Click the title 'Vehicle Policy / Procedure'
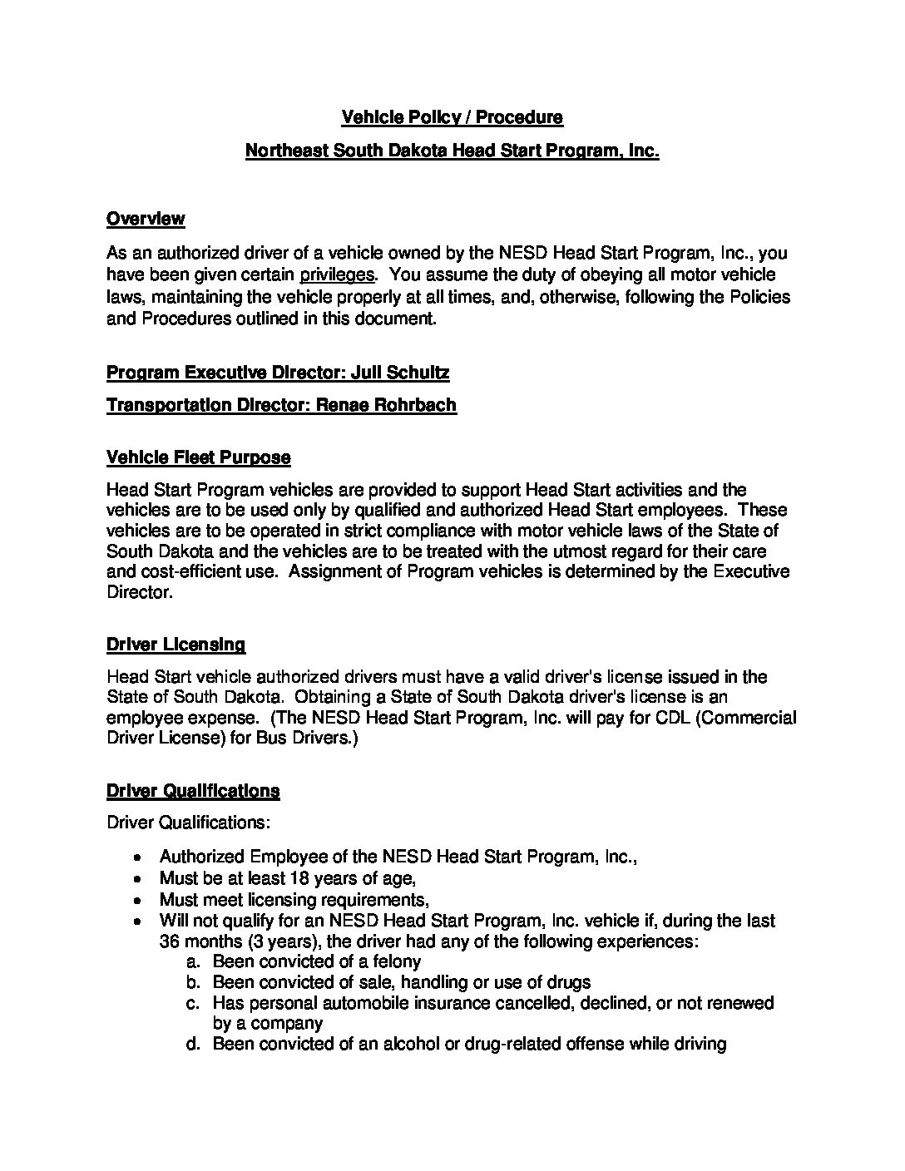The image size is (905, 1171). tap(452, 117)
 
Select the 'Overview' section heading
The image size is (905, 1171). tap(146, 219)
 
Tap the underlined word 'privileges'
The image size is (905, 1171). tap(337, 274)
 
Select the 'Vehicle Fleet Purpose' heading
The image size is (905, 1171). tap(198, 457)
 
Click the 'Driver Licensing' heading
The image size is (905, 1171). tap(176, 644)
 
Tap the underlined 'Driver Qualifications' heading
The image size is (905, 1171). tap(193, 790)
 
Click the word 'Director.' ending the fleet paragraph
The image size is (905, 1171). tap(139, 593)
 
